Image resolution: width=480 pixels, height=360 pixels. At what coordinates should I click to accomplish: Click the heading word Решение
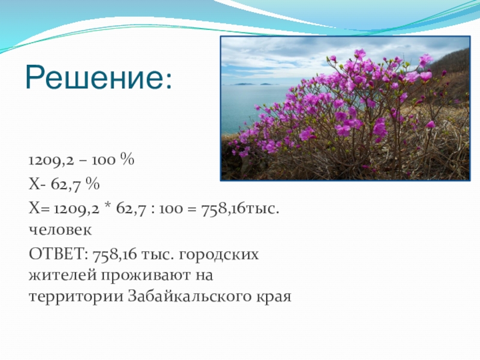tap(99, 77)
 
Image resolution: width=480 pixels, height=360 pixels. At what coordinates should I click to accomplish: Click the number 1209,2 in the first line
tap(51, 160)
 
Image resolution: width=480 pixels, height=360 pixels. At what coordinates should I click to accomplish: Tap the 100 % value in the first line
tap(113, 160)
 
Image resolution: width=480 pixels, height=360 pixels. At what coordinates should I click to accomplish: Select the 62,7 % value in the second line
tap(76, 184)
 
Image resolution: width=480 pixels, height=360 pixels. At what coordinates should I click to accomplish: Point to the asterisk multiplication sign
tap(107, 206)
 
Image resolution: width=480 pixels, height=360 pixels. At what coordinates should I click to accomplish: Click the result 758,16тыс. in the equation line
tap(240, 209)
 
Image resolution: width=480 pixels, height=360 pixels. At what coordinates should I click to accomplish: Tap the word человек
tap(60, 230)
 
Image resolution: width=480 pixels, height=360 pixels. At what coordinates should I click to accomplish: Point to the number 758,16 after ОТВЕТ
tap(115, 254)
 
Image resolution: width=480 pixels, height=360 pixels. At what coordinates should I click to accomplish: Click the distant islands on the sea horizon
tap(251, 84)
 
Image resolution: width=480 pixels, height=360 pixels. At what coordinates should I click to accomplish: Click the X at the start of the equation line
tap(34, 209)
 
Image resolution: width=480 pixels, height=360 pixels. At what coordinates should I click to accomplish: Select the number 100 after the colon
tap(171, 209)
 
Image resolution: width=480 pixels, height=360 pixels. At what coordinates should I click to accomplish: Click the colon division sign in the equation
tap(153, 209)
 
